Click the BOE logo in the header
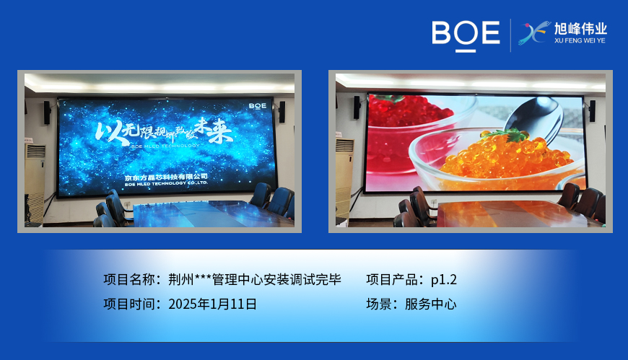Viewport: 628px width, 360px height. click(x=466, y=34)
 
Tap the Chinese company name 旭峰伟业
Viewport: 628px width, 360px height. click(x=580, y=29)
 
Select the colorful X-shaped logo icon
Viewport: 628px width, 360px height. click(x=535, y=34)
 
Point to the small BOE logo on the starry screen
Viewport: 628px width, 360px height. click(x=257, y=105)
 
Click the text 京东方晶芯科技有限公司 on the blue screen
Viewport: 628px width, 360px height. click(x=165, y=176)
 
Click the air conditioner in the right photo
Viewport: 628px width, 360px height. click(x=344, y=173)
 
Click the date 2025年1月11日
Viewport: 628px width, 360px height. click(x=212, y=304)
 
